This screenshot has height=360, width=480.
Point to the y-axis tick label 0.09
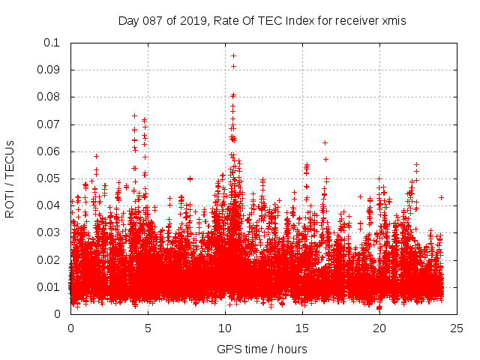pos(49,70)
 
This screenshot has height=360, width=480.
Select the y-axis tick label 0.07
pos(49,124)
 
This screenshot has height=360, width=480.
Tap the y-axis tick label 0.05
pos(49,178)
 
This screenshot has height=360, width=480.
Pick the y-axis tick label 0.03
pos(49,232)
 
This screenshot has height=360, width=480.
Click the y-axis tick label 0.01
pos(49,287)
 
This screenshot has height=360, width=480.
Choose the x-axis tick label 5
pos(148,328)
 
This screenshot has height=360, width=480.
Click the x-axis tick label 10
pos(225,328)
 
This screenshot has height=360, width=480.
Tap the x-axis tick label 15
pos(302,328)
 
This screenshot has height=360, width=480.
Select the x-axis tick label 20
pos(379,328)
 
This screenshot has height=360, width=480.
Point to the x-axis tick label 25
pos(457,328)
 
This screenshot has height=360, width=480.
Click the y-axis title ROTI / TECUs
pos(10,178)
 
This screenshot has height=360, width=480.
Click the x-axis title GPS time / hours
pos(263,349)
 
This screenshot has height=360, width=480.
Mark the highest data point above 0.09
pos(233,55)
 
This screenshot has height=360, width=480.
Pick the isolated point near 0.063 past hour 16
pos(325,142)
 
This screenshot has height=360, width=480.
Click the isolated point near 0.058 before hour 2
pos(96,156)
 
